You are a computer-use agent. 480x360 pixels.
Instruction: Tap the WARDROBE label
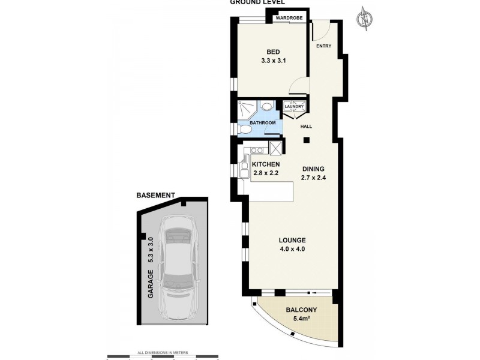coord(289,19)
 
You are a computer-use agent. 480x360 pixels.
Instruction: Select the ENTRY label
coord(323,46)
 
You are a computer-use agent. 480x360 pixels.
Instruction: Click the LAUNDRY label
coord(294,107)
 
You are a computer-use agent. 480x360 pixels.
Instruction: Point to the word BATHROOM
coord(262,123)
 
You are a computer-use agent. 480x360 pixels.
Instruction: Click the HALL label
coord(306,126)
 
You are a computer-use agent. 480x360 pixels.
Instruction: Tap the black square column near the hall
coord(306,141)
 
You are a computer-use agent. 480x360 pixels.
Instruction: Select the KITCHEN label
coord(266,164)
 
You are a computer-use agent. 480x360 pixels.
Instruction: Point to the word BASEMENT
coord(155,196)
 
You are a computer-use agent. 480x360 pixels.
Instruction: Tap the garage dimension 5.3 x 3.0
coord(151,252)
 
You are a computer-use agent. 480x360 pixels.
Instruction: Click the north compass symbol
coord(364,19)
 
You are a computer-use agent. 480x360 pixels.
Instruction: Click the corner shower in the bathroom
coord(247,109)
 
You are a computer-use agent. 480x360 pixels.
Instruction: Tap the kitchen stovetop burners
coord(254,150)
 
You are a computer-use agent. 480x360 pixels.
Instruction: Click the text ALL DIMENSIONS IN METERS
coord(163,352)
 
